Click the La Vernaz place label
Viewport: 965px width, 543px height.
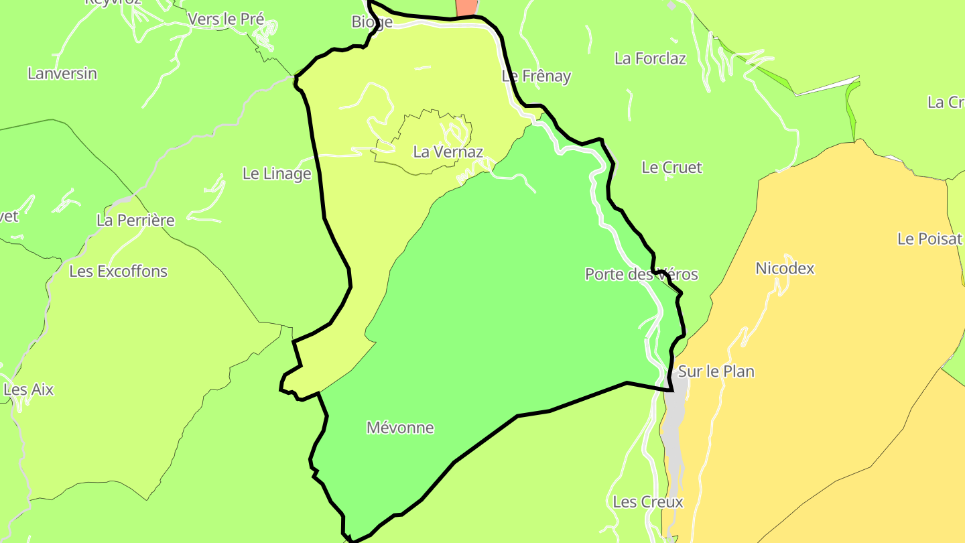coord(448,152)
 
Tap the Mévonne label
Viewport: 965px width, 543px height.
coord(400,428)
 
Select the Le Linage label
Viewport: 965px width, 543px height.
coord(277,174)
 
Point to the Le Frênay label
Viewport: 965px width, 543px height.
coord(536,76)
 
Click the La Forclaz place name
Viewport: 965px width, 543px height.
coord(650,58)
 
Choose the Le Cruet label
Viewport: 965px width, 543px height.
coord(671,168)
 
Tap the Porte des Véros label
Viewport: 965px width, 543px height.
coord(641,274)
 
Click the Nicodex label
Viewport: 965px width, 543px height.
coord(785,269)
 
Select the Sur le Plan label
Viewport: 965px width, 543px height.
coord(716,371)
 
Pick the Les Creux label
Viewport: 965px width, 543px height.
coord(648,502)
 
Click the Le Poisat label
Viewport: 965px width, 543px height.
coord(929,239)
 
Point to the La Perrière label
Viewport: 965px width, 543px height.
coord(135,220)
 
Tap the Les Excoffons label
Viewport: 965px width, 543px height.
coord(119,271)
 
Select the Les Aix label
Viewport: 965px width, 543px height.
coord(29,389)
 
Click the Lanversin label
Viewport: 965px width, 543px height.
coord(62,74)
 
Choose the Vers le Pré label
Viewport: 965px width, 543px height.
coord(226,19)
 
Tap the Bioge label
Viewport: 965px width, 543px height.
coord(372,22)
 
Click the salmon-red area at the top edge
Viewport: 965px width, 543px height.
coord(466,7)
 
